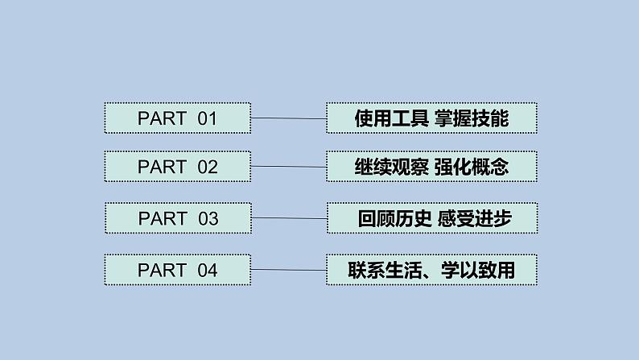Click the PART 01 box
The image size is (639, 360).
click(177, 118)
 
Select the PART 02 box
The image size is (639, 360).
click(177, 168)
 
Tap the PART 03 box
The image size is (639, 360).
click(177, 218)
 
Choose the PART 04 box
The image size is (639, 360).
click(177, 270)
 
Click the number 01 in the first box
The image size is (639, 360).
click(208, 118)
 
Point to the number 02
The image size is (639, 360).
click(208, 168)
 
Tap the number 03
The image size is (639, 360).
click(208, 218)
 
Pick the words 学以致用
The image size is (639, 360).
click(476, 270)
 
